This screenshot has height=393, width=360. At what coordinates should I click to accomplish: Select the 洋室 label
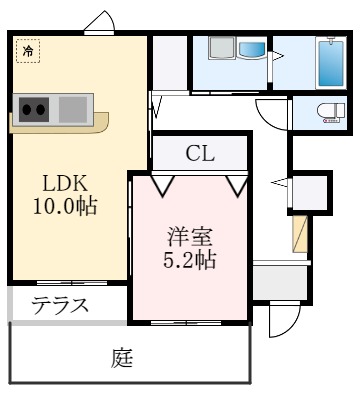click(190, 239)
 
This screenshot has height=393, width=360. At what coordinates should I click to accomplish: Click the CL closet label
click(199, 155)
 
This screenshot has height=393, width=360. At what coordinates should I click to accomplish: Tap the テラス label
click(59, 305)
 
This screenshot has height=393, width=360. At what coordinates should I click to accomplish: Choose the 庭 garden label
click(123, 357)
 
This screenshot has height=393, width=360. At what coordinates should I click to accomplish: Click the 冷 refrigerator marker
click(25, 51)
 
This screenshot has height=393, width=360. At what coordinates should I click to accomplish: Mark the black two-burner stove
click(33, 106)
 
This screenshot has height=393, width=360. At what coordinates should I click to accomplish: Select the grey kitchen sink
click(73, 106)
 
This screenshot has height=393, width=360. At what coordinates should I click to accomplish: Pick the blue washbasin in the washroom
click(248, 50)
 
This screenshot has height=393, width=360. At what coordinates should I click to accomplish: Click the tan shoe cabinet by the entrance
click(300, 232)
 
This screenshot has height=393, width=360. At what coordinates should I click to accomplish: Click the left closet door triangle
click(162, 185)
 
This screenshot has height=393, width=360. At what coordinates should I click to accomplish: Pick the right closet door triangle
click(238, 185)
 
